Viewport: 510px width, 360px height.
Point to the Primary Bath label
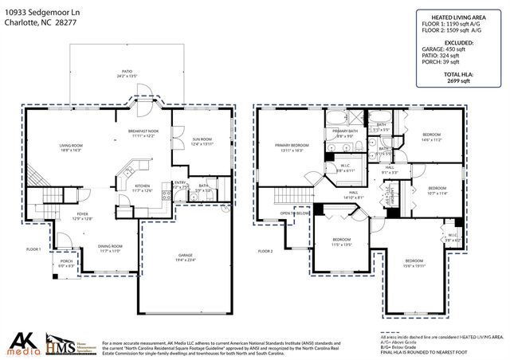click(x=346, y=133)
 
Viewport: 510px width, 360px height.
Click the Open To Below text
click(x=293, y=214)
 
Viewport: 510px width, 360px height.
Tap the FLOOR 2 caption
click(x=265, y=251)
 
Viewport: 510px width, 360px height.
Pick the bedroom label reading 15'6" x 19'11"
click(x=414, y=264)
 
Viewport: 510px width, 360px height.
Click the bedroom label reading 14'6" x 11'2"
click(x=432, y=137)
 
